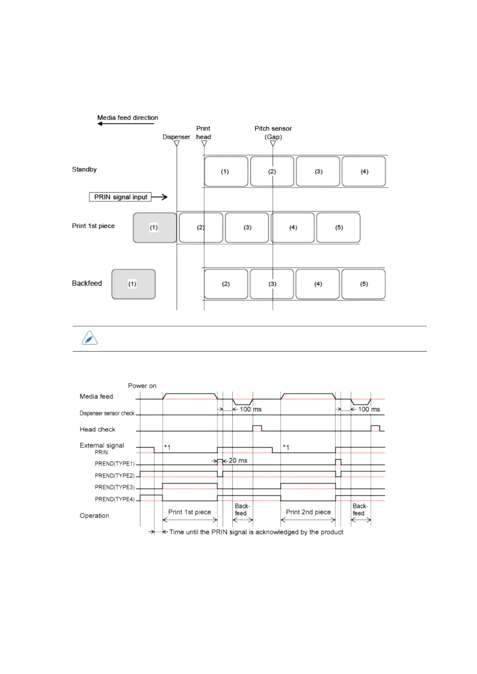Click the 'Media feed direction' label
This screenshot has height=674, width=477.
127,118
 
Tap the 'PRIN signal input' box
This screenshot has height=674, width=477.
120,197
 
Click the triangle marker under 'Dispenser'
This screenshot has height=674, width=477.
177,144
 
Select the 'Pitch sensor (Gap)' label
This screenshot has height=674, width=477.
273,132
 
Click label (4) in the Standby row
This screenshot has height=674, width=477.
364,172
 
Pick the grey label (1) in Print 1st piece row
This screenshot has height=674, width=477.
155,228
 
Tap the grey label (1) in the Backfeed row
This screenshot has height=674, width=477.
133,284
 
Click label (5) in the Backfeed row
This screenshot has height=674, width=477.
363,284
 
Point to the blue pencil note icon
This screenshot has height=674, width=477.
90,338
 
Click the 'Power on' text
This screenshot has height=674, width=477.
142,386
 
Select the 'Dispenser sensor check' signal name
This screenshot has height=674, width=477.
107,413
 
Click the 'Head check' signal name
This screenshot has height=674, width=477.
97,429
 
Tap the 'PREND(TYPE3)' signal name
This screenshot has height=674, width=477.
115,487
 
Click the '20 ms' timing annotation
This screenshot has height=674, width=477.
238,461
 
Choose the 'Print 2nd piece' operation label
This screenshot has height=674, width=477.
308,512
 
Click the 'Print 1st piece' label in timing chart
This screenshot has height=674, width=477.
189,512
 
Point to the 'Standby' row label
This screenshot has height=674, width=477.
84,169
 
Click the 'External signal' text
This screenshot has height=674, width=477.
102,445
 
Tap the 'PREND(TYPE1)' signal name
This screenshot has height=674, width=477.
115,464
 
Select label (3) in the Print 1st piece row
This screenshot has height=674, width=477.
247,228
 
